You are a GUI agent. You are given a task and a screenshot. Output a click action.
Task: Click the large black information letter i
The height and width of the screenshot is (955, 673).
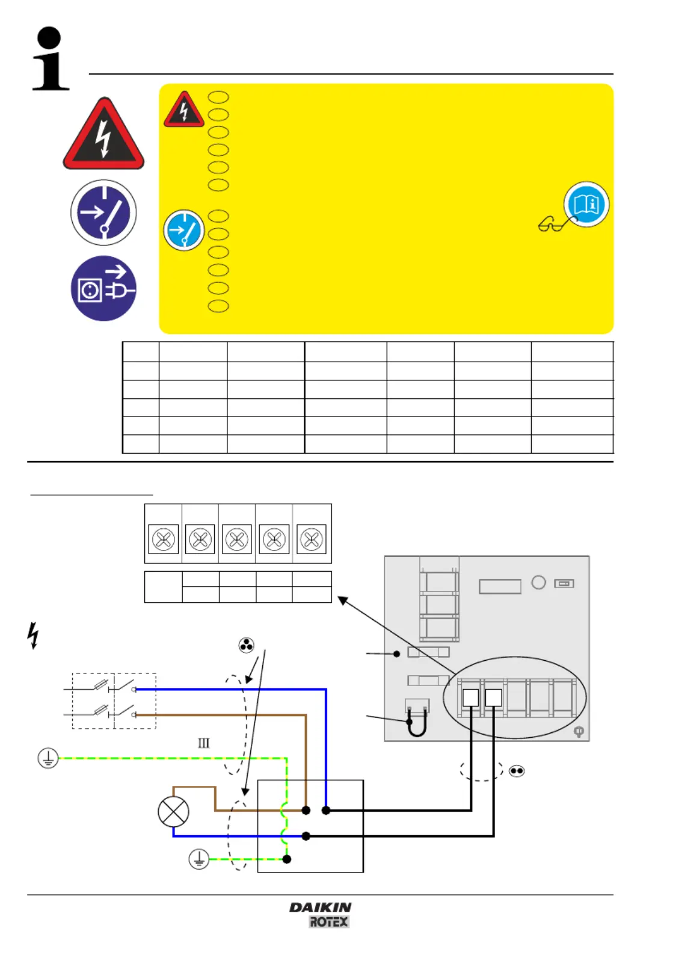click(51, 59)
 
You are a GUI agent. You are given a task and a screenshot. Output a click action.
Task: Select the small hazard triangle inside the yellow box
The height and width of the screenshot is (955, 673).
click(183, 109)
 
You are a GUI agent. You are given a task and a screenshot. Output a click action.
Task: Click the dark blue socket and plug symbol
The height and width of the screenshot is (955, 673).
click(103, 289)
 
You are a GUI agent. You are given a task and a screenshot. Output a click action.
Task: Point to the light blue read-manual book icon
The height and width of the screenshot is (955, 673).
click(586, 204)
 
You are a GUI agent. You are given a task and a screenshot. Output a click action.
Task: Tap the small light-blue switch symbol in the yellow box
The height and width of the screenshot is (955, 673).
click(183, 230)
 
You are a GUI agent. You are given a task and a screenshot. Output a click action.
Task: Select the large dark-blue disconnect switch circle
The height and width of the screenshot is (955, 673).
click(103, 212)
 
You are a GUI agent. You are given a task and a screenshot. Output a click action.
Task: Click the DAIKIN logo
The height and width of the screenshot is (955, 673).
click(321, 907)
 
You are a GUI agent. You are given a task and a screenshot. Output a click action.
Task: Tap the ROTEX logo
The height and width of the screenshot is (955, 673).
click(328, 922)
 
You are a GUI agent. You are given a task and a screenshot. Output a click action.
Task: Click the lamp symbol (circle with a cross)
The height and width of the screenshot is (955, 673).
click(173, 811)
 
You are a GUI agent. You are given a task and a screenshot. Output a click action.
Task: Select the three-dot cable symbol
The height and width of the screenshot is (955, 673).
click(247, 646)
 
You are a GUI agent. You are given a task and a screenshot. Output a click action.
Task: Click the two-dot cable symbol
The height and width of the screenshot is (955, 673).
click(517, 771)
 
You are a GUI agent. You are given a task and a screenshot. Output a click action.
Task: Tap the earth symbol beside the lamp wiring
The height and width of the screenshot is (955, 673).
click(199, 859)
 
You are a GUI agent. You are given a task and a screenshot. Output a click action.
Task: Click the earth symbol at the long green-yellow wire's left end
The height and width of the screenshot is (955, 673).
click(48, 758)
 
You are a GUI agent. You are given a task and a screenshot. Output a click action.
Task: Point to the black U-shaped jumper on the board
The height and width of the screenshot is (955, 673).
click(417, 723)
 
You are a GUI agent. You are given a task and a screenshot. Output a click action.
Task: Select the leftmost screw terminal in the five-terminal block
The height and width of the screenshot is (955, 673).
click(163, 539)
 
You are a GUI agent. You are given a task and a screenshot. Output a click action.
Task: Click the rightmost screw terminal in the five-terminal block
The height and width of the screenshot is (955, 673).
click(311, 539)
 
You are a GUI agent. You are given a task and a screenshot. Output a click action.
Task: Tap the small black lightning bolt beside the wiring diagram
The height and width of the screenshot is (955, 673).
click(33, 635)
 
